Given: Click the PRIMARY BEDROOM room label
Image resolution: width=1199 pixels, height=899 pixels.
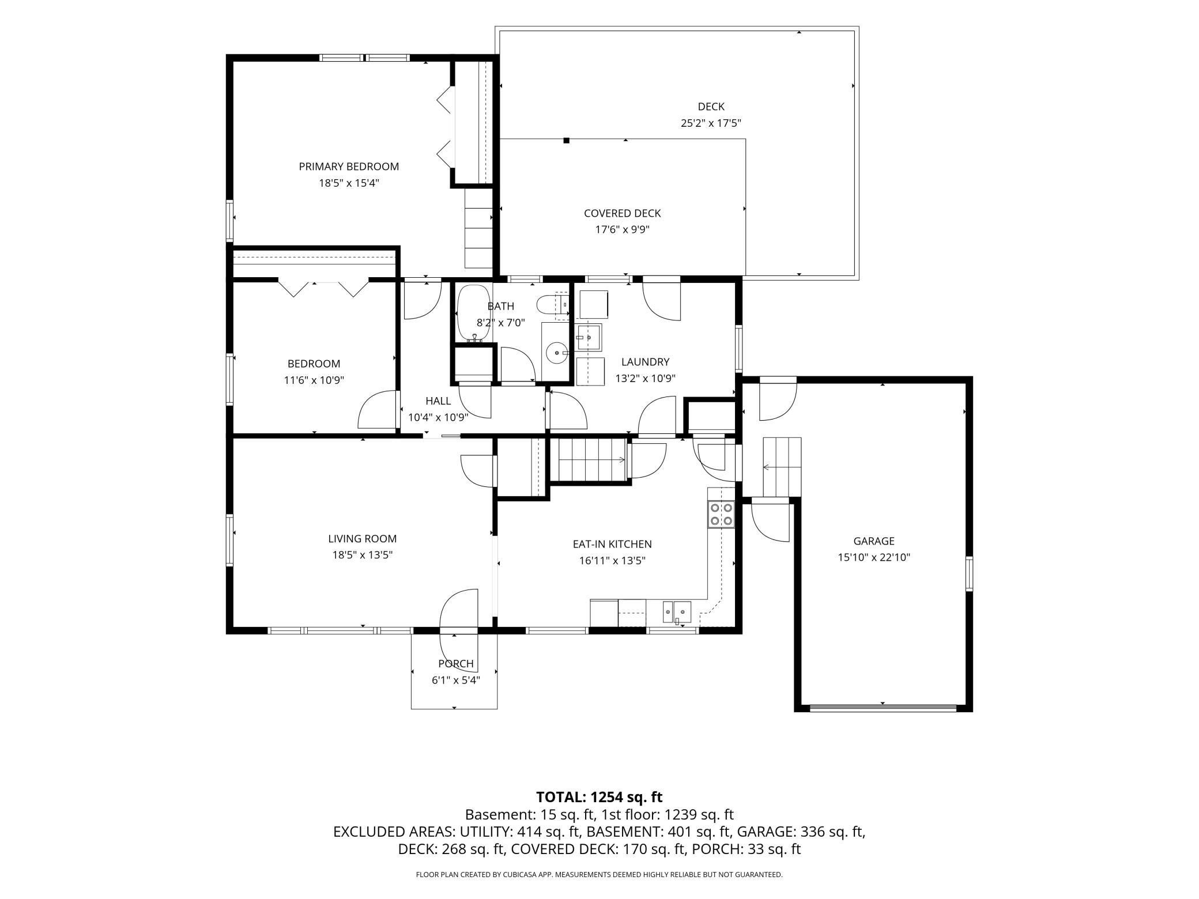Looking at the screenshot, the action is point(349,167).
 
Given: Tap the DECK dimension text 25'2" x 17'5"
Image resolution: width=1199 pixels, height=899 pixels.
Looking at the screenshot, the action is point(711,123).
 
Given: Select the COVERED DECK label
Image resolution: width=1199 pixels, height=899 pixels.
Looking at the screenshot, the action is point(623,213).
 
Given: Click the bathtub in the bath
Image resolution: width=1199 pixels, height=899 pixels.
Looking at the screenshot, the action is point(473,313).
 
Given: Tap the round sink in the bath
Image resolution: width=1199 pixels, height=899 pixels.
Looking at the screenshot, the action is point(557,350).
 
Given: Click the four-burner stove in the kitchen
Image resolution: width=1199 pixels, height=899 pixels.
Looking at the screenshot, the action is point(721,515).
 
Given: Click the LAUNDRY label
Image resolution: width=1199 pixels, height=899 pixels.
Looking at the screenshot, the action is point(645,362).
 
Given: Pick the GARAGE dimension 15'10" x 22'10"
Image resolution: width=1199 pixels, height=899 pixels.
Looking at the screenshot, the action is point(874,557).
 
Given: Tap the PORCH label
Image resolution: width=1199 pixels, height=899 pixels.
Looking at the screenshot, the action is point(456,663).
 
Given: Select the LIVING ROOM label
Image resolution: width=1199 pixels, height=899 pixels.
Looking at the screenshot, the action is point(363,539).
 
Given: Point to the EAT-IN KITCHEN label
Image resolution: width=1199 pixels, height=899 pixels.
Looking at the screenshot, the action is point(612,544).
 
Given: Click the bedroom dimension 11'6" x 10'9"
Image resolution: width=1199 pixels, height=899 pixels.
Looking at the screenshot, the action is point(314,380).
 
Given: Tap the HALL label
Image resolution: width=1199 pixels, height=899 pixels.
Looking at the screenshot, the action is point(438,401).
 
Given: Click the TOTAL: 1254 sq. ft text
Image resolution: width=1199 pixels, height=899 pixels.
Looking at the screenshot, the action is point(599,797).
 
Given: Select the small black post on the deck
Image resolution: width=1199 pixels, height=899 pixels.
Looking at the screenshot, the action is point(567,140).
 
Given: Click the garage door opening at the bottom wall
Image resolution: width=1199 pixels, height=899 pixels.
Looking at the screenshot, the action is point(883,707).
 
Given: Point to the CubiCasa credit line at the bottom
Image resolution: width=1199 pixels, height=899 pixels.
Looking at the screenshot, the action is point(599,874).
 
